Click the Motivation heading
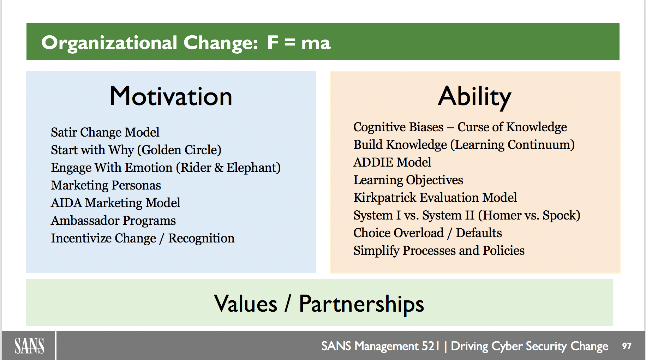tap(171, 96)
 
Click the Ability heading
tap(474, 97)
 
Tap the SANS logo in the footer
tap(29, 346)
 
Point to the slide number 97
tap(627, 346)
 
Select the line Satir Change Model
tap(105, 132)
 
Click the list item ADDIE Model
tap(392, 162)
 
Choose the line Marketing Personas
tap(106, 185)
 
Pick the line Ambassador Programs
tap(113, 221)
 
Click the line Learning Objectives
tap(408, 180)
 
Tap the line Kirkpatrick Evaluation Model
tap(435, 198)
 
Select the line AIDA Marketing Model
tap(116, 203)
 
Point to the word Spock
tap(560, 215)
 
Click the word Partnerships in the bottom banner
tap(361, 304)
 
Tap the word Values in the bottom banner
tap(246, 304)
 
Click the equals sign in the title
tap(290, 43)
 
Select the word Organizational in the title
tap(109, 43)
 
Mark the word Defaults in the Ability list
tap(479, 233)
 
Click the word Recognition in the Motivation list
tap(201, 238)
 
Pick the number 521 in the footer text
tap(431, 346)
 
